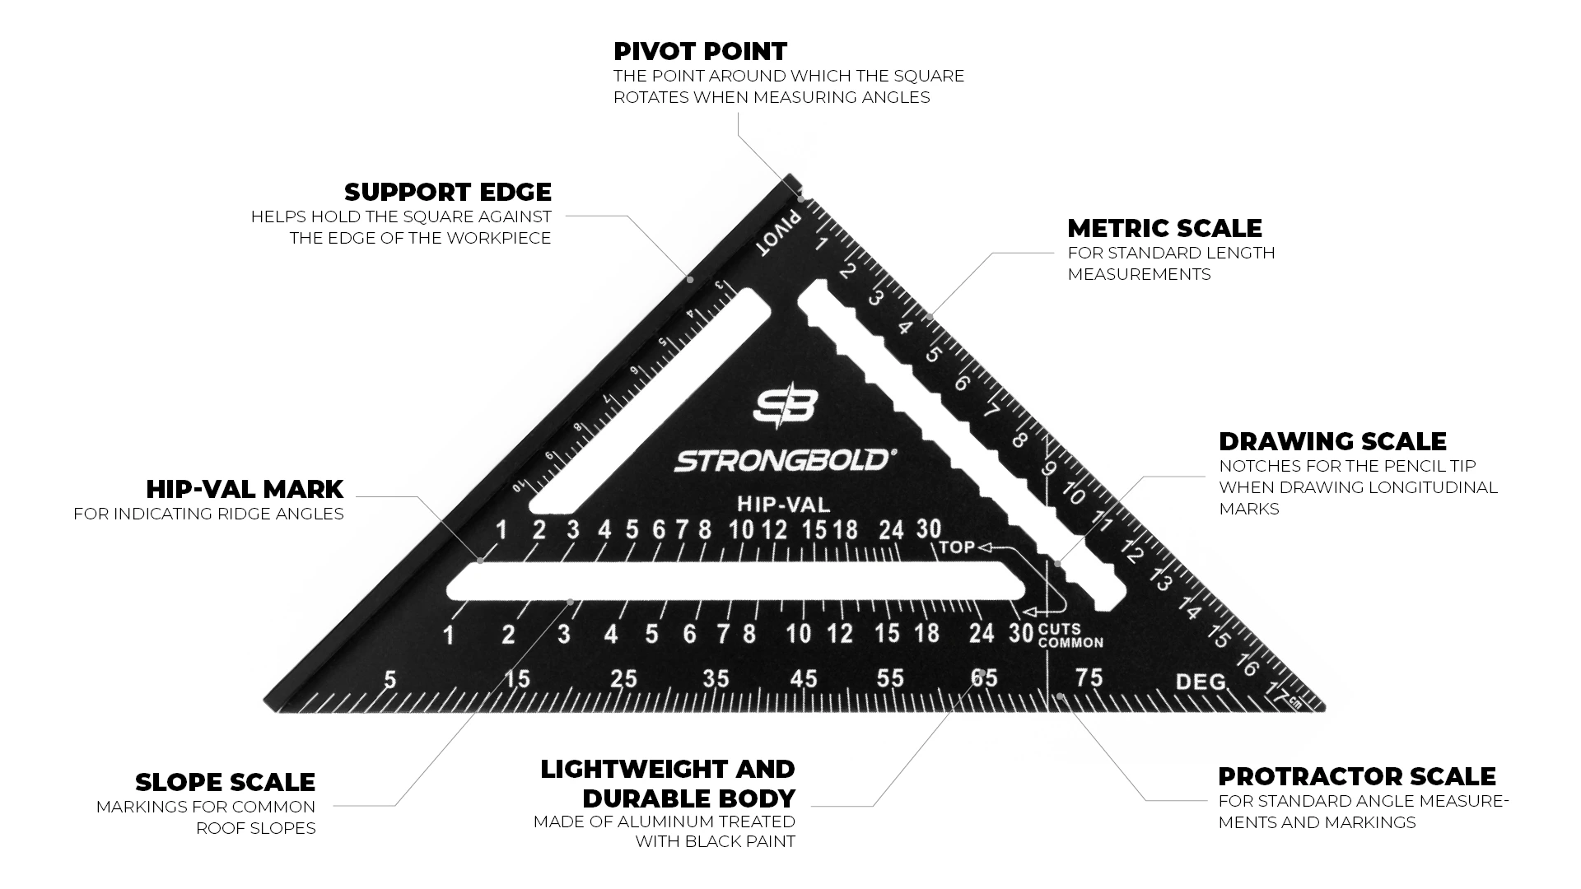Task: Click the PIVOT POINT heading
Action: pyautogui.click(x=700, y=51)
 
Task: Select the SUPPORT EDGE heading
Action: pyautogui.click(x=448, y=192)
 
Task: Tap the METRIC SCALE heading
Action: pyautogui.click(x=1164, y=228)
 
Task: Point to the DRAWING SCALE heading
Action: pyautogui.click(x=1332, y=441)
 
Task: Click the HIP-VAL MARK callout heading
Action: pyautogui.click(x=245, y=489)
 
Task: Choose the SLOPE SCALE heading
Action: pyautogui.click(x=225, y=782)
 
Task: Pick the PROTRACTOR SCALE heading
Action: pyautogui.click(x=1357, y=776)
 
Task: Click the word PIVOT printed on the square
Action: pyautogui.click(x=780, y=233)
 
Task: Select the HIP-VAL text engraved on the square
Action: pyautogui.click(x=784, y=504)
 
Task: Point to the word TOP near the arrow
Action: pyautogui.click(x=957, y=547)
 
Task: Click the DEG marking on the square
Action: pyautogui.click(x=1201, y=682)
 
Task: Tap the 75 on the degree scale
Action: pyautogui.click(x=1089, y=677)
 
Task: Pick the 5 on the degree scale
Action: pyautogui.click(x=390, y=679)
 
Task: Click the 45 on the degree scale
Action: pyautogui.click(x=804, y=678)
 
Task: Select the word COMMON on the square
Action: pyautogui.click(x=1070, y=643)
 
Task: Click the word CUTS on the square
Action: pyautogui.click(x=1060, y=630)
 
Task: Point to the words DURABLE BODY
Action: pyautogui.click(x=689, y=798)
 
